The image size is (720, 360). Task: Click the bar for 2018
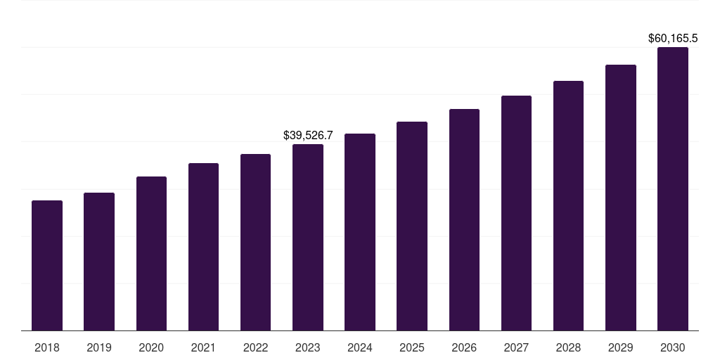pos(47,265)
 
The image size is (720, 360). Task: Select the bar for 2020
pos(151,253)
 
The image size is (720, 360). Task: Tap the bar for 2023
pos(308,237)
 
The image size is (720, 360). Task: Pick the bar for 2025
pos(412,226)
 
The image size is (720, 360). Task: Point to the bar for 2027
pos(516,213)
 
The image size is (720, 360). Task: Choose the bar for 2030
pos(673,188)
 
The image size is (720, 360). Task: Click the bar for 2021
pos(203,247)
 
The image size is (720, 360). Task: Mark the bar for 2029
pos(621,198)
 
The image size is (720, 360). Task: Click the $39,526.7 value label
pos(308,135)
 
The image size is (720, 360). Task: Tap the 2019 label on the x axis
pos(99,347)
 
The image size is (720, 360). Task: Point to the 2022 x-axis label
pos(256,347)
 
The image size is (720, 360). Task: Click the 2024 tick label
pos(360,347)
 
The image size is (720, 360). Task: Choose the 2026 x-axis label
pos(464,347)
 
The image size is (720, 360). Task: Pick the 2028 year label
pos(568,347)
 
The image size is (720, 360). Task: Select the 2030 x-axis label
pos(673,347)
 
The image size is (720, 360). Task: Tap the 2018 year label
pos(47,347)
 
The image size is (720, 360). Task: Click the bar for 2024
pos(360,232)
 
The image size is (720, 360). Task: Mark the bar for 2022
pos(256,242)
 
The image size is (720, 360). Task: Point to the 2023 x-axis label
pos(308,347)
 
